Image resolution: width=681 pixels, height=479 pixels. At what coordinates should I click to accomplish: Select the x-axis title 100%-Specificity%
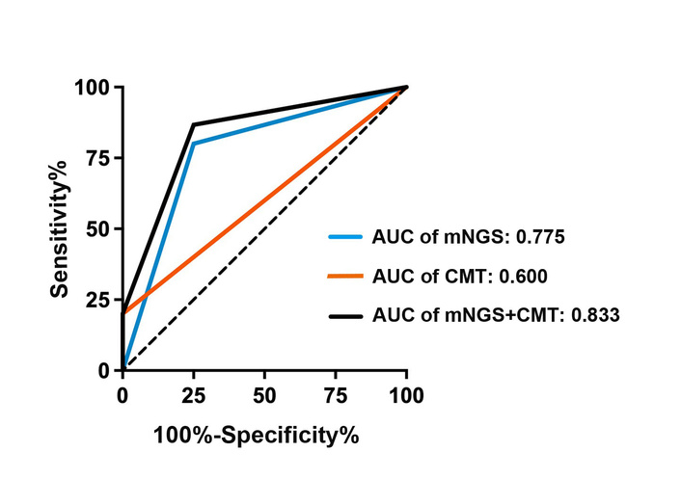tap(256, 435)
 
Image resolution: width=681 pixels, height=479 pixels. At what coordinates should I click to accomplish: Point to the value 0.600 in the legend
tap(525, 276)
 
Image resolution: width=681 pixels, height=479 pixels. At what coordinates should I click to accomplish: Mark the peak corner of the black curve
tap(193, 124)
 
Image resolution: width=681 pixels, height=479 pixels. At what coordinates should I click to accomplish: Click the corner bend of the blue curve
tap(193, 144)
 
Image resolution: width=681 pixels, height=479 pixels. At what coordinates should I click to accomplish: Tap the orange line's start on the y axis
tap(123, 313)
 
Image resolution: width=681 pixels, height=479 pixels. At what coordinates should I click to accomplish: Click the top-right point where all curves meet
tap(406, 87)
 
